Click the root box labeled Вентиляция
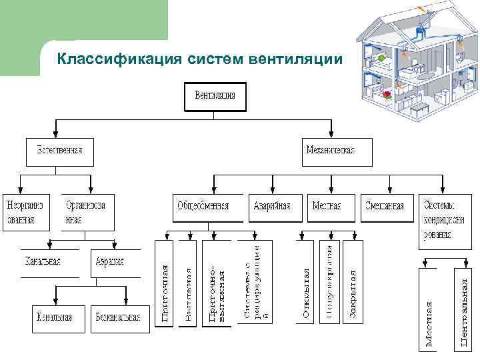[x=215, y=97]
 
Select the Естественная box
[x=60, y=152]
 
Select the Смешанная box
[x=385, y=205]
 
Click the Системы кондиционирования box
[x=438, y=219]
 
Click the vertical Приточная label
[x=166, y=283]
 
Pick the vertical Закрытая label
[x=353, y=283]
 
